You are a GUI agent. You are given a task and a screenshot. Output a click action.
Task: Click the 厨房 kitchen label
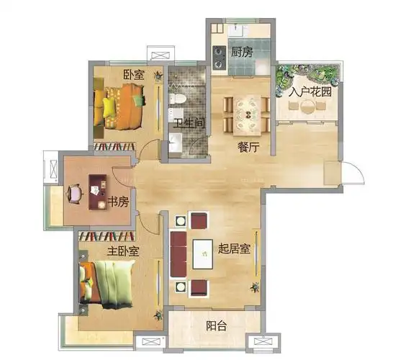point(242,52)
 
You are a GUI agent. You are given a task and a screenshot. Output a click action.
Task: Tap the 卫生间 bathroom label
point(189,123)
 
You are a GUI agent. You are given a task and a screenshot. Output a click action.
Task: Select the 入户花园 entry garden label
point(310,91)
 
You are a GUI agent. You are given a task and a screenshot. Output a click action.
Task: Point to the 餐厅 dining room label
point(248,147)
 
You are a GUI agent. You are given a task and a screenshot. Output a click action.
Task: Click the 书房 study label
point(118,202)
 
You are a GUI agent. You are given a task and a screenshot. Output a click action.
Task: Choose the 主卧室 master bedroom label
point(122,251)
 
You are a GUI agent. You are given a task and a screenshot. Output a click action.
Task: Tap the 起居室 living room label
point(234,248)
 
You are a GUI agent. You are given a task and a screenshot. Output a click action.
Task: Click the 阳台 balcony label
point(216,326)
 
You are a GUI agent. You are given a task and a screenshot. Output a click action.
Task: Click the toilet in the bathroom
point(178,99)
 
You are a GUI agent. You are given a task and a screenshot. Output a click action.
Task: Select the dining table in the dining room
point(247,115)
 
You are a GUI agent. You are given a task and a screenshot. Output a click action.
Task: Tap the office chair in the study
point(75,194)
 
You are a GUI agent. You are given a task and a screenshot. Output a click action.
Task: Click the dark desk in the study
point(97,192)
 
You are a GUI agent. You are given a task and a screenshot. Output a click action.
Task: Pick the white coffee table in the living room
point(202,254)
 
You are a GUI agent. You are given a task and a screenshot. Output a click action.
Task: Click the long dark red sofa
point(179,254)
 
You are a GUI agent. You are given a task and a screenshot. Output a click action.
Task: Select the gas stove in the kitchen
point(220,58)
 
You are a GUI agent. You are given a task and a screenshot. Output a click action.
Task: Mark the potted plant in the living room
point(255,287)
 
